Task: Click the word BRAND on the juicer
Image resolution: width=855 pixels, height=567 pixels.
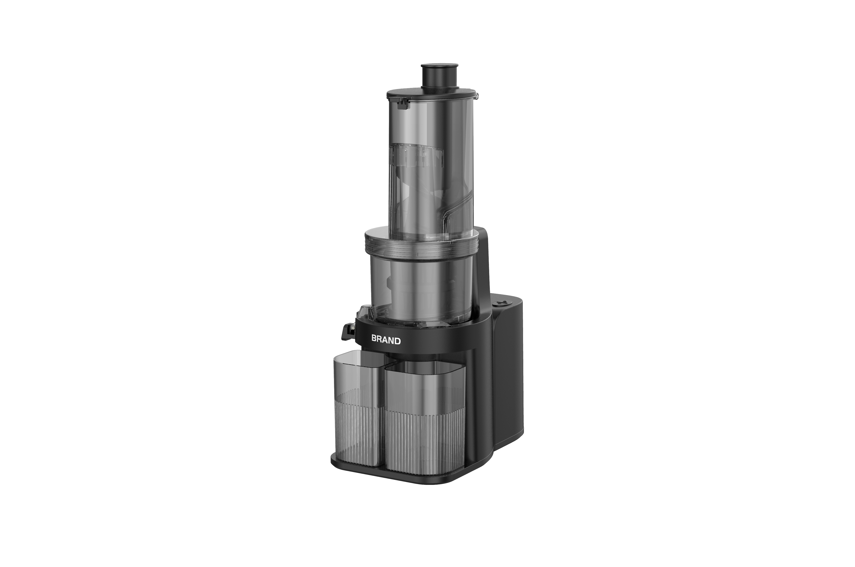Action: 386,340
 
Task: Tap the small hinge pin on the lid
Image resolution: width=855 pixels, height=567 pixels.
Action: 476,96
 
